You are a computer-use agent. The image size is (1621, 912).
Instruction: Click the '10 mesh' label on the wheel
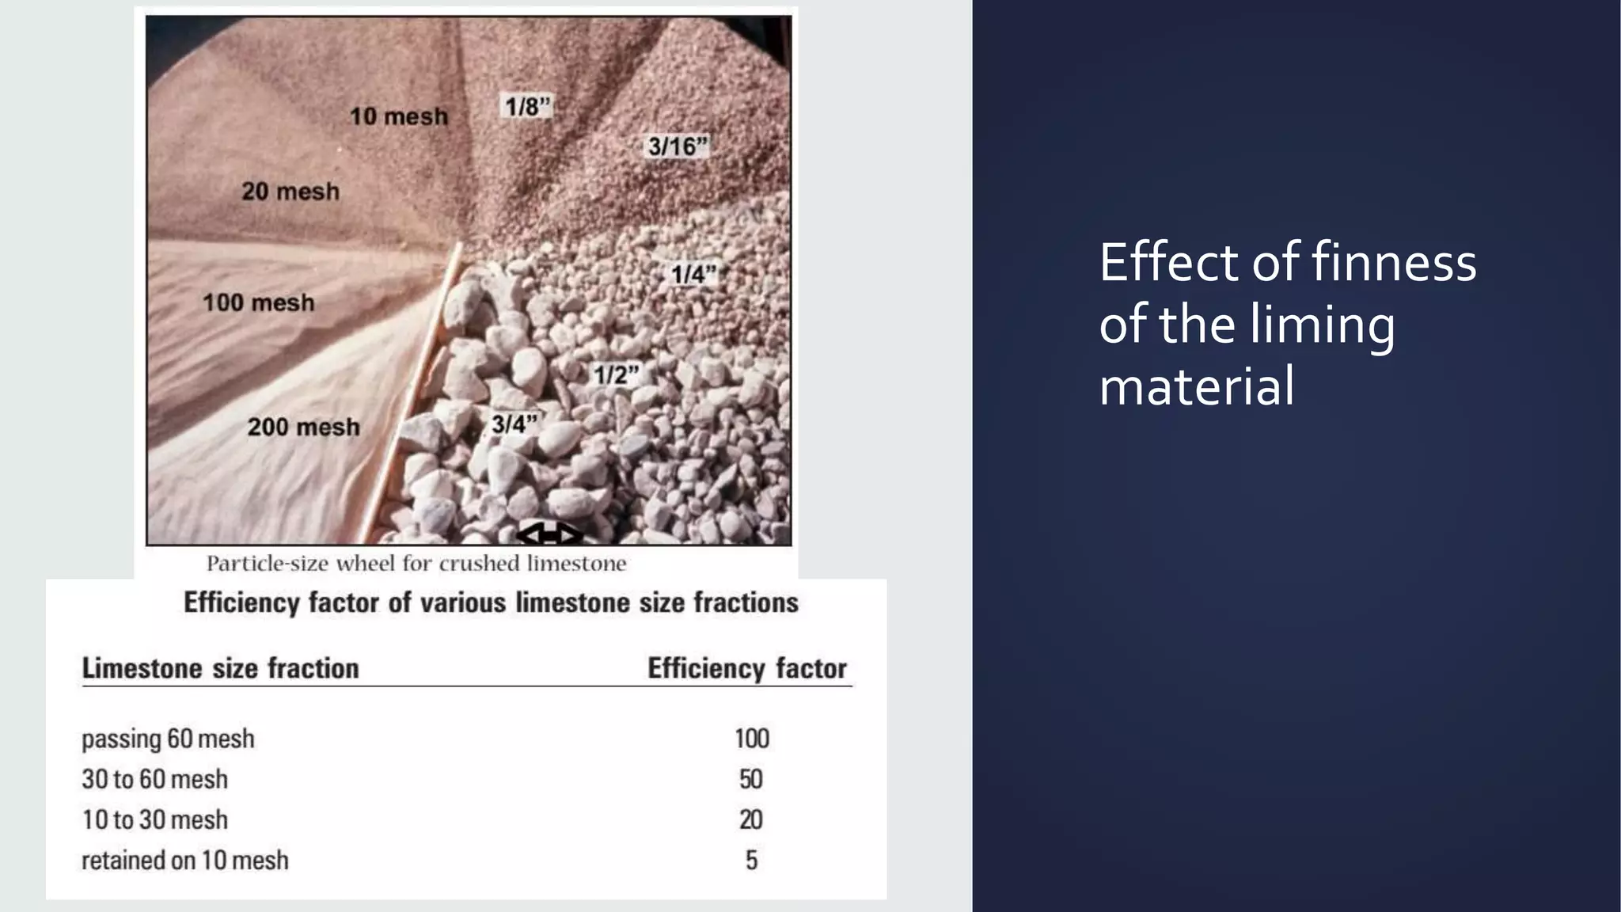coord(399,116)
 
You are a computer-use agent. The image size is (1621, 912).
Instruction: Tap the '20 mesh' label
coord(290,192)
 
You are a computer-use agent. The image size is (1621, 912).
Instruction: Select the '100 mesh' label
coord(258,302)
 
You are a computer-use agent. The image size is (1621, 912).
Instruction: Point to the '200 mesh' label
coord(303,427)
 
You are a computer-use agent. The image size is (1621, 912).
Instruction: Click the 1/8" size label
coord(527,106)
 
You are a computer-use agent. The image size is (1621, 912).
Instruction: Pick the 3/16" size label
coord(678,146)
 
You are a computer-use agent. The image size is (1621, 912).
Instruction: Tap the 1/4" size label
coord(693,275)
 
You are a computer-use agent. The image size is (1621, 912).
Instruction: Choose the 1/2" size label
coord(616,374)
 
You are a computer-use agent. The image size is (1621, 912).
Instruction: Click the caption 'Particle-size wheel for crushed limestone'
coord(416,564)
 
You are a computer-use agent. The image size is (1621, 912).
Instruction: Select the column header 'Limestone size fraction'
coord(221,669)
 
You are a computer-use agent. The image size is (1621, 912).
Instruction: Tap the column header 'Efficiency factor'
coord(747,669)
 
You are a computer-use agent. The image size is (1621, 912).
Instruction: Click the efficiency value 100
coord(751,739)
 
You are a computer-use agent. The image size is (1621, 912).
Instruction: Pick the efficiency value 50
coord(751,779)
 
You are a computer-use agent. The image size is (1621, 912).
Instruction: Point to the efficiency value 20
coord(751,819)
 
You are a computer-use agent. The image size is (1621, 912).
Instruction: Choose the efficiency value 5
coord(751,860)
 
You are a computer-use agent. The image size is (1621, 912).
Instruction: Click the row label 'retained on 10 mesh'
coord(185,860)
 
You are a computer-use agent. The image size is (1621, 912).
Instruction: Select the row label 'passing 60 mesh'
coord(168,739)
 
